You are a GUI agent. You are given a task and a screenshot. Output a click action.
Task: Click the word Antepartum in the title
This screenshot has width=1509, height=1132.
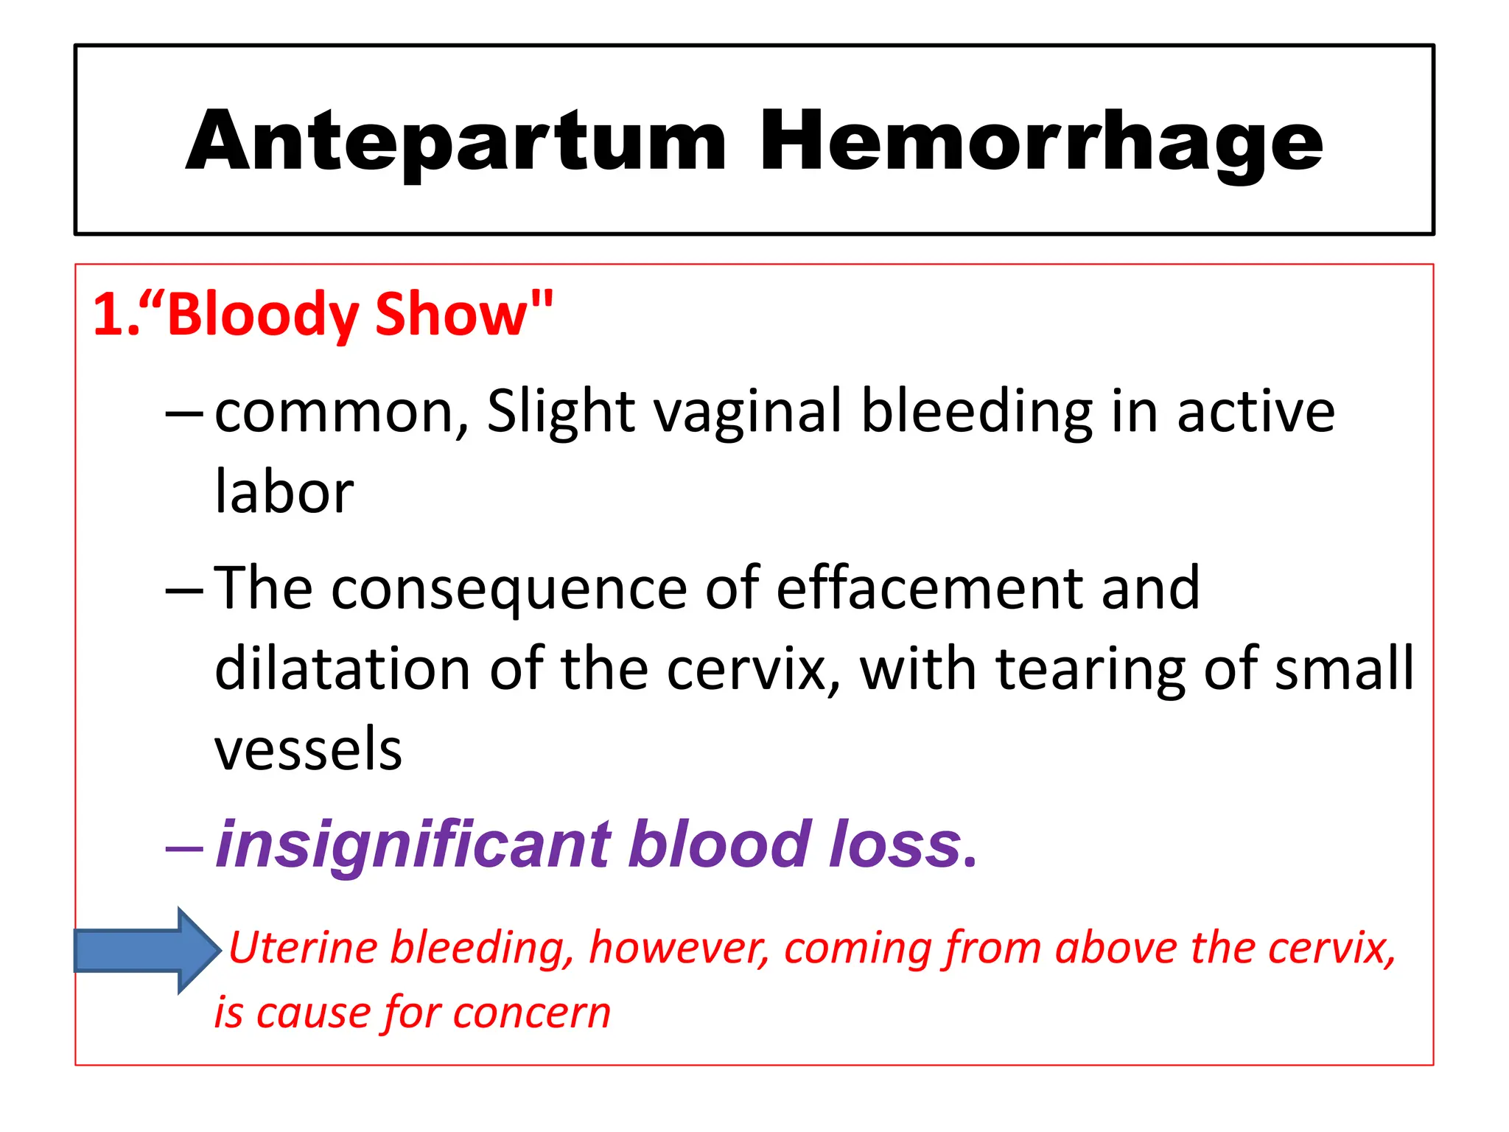[457, 141]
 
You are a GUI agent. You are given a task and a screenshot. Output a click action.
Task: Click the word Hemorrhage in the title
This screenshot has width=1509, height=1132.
[1040, 141]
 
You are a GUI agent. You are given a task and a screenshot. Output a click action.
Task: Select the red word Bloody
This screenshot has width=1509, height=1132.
[262, 315]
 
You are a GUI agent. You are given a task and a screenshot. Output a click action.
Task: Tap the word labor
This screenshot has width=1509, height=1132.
[284, 492]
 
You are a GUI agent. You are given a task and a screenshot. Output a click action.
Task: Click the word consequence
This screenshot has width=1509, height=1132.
[508, 590]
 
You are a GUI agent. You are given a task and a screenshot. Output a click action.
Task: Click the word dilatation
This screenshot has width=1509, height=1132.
[343, 669]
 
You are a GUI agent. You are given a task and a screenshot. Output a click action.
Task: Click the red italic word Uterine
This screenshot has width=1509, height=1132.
[304, 948]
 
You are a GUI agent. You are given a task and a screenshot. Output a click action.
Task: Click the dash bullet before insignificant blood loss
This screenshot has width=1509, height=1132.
[184, 848]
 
